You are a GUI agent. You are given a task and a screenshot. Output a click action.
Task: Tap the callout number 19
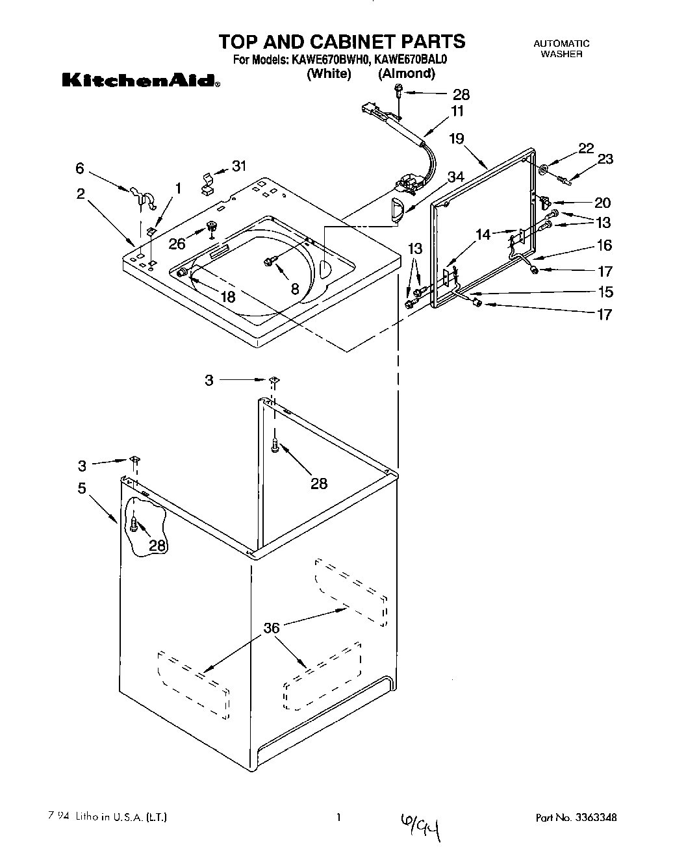[457, 138]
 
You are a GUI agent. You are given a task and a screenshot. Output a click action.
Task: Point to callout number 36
[272, 627]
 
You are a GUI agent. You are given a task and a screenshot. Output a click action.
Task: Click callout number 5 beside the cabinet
[82, 488]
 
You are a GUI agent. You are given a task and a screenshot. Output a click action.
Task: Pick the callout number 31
[239, 166]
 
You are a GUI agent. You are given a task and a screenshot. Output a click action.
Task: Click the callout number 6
[79, 168]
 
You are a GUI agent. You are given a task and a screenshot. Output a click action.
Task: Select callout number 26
[177, 244]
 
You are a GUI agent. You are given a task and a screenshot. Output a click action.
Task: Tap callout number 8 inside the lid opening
[295, 289]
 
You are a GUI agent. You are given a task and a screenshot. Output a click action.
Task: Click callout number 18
[228, 297]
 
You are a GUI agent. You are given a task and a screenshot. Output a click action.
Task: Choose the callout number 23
[605, 159]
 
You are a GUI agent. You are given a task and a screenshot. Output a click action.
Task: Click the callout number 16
[604, 245]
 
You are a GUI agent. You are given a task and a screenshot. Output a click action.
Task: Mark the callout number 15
[604, 292]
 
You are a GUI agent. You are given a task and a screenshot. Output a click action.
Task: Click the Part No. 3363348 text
[576, 817]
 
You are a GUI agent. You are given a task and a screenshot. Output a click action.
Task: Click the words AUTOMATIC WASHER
[561, 49]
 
